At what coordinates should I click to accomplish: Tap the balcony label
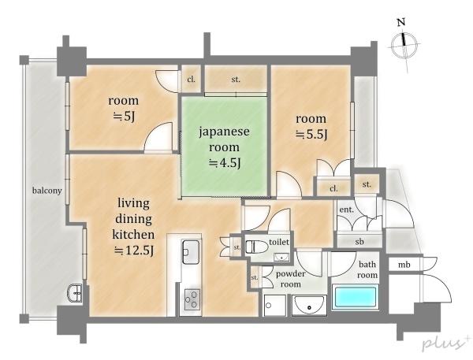[47, 191]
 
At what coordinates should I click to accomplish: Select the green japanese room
[224, 147]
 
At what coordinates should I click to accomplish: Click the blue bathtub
[356, 297]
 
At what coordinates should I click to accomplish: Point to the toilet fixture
[257, 247]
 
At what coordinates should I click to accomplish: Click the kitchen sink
[191, 252]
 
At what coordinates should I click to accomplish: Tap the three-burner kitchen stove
[192, 299]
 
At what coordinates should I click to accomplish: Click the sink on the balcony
[75, 292]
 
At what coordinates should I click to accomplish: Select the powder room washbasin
[309, 306]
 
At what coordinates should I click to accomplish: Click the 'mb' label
[404, 265]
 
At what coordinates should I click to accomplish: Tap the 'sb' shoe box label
[359, 242]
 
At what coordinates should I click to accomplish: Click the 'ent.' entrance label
[347, 210]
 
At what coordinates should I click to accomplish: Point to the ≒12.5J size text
[134, 251]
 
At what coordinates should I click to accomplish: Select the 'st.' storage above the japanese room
[236, 80]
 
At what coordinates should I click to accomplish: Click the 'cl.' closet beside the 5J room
[192, 80]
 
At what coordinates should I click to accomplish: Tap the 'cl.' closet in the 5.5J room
[333, 189]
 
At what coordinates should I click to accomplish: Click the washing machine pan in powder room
[275, 306]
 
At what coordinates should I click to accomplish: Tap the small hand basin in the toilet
[281, 257]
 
